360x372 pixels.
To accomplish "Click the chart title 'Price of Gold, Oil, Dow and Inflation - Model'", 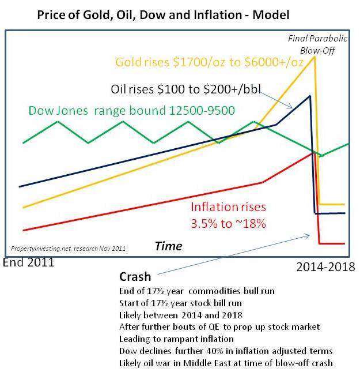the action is click(163, 15).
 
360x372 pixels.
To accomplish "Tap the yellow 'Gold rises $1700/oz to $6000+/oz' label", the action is click(209, 62).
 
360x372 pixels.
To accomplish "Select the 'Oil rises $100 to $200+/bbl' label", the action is click(185, 89).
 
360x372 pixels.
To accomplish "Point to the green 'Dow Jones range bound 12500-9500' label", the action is click(131, 111).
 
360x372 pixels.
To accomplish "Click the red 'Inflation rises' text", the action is click(229, 207).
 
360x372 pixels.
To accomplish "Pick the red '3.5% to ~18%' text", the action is click(228, 223).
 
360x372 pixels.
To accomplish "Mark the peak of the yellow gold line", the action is click(314, 57).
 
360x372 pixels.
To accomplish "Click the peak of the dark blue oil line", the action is click(310, 96).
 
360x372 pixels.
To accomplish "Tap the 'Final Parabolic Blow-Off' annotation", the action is click(317, 44).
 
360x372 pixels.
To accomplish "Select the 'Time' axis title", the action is click(169, 246).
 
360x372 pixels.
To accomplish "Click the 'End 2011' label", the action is click(28, 262).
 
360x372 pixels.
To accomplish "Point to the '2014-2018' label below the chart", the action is click(325, 267).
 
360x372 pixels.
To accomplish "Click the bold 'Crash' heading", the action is click(135, 277).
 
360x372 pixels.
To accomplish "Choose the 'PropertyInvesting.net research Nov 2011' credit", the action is click(68, 249).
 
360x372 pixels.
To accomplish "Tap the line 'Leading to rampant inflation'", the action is click(176, 339).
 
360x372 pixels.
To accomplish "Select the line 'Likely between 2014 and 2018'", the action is click(181, 315).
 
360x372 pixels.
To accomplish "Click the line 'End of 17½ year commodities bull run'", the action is click(197, 291).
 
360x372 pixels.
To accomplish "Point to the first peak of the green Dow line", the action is click(58, 122).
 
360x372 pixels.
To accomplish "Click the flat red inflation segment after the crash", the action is click(332, 243).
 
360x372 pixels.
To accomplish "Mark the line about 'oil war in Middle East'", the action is click(226, 363).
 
